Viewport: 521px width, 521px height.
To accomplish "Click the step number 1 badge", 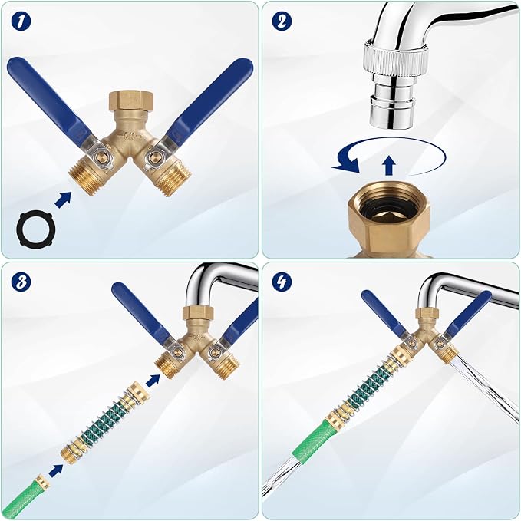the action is [x=21, y=21].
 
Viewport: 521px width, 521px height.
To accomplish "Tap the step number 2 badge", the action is [x=282, y=21].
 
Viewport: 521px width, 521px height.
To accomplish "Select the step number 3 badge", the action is [x=21, y=282].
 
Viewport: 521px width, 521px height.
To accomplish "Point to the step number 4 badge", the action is [x=282, y=282].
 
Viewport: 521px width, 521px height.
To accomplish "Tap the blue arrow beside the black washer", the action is [x=63, y=200].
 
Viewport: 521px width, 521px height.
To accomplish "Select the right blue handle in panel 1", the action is [x=210, y=100].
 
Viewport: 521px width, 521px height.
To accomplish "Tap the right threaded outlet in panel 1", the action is [x=173, y=178].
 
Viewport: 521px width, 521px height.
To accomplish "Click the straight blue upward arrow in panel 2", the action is [x=388, y=166].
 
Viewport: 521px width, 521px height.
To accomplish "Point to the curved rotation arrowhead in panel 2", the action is [x=348, y=163].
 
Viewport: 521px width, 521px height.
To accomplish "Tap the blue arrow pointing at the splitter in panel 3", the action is [x=153, y=380].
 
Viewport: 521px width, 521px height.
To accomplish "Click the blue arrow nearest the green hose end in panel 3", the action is [x=56, y=471].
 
